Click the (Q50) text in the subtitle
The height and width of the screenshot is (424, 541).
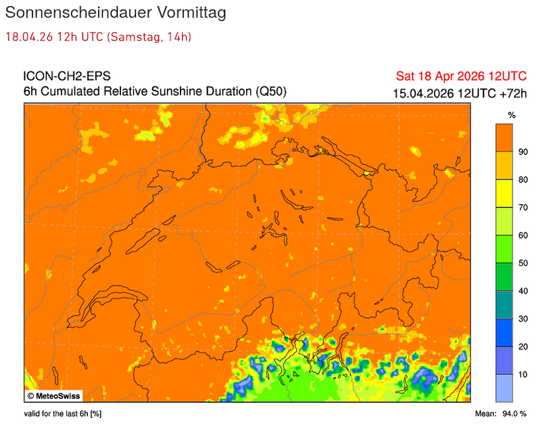pos(271,91)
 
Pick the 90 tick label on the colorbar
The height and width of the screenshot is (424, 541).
pos(522,151)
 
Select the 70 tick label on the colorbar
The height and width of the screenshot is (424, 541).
pos(522,207)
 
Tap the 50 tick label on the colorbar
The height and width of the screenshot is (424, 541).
pos(522,263)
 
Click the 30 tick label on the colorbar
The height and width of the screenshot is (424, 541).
pos(522,319)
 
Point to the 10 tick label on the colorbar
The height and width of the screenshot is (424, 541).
pos(522,374)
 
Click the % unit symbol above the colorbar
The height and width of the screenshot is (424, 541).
pos(511,115)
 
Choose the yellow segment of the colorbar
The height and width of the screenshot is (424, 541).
pos(504,193)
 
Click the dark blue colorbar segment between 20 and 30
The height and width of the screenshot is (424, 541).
pos(504,332)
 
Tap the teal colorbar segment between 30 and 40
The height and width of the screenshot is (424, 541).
pos(504,304)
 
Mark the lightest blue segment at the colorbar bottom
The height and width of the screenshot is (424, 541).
pos(504,388)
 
